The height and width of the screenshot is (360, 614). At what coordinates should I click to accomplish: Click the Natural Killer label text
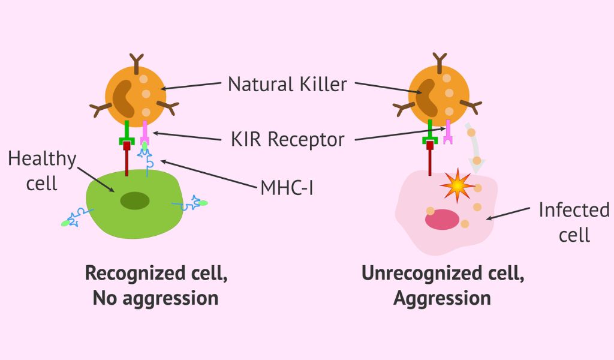click(287, 84)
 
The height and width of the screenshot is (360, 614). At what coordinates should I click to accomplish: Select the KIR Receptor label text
click(287, 139)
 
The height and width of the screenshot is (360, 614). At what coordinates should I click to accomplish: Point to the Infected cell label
click(574, 222)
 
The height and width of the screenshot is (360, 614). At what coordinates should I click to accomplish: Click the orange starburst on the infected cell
click(458, 187)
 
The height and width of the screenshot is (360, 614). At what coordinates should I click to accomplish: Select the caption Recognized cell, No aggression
click(156, 285)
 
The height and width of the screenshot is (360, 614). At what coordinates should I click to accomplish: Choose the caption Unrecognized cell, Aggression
click(443, 285)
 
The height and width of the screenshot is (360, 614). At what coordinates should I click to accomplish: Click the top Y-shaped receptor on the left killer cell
click(137, 61)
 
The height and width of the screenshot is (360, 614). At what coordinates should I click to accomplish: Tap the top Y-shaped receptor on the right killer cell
click(440, 61)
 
